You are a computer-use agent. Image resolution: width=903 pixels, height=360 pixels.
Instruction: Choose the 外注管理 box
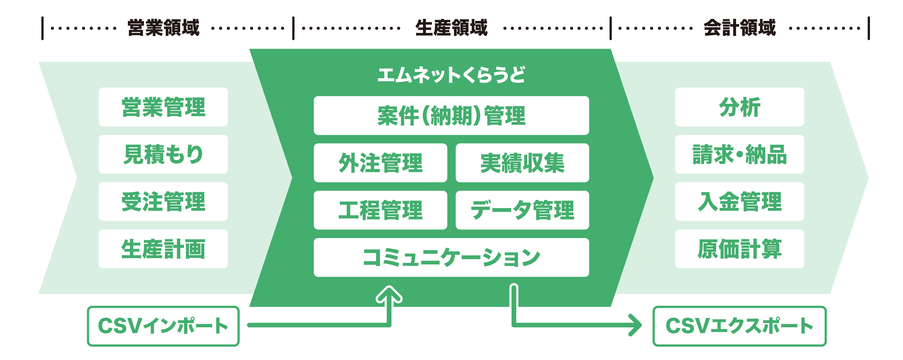pos(380,163)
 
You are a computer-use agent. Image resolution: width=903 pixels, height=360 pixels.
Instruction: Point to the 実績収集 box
pos(522,163)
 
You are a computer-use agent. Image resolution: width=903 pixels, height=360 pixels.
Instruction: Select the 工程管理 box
pos(380,210)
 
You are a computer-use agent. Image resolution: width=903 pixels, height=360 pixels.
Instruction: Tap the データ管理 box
pos(522,210)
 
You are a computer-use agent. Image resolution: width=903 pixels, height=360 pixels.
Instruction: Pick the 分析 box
pos(740,107)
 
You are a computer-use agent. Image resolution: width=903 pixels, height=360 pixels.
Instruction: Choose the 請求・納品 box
pos(740,154)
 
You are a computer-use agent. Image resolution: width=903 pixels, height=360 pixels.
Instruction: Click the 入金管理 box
pos(740,202)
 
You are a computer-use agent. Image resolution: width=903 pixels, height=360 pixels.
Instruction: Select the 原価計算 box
pos(740,249)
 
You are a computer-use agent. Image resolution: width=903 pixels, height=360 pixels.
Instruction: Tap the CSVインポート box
pos(163,326)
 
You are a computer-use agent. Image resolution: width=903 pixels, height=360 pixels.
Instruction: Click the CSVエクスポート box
pos(740,326)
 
